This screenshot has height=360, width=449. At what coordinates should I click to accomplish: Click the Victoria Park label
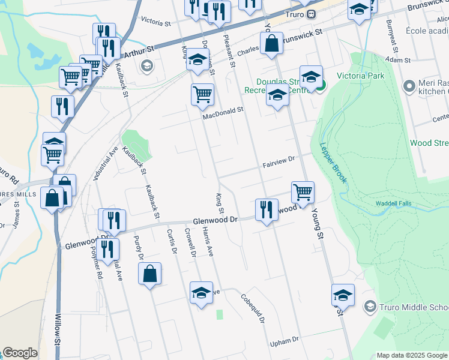(x=360, y=76)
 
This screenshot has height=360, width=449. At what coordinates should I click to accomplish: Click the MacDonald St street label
(x=223, y=110)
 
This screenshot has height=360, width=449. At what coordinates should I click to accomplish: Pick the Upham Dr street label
(x=285, y=340)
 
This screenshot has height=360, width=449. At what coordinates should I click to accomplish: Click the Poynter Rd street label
(x=97, y=264)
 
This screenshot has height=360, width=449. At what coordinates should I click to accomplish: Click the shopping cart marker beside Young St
(x=303, y=193)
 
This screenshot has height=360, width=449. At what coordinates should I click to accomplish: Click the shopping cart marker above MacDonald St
(x=202, y=94)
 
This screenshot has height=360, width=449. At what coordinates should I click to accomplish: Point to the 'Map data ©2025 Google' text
(x=411, y=355)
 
